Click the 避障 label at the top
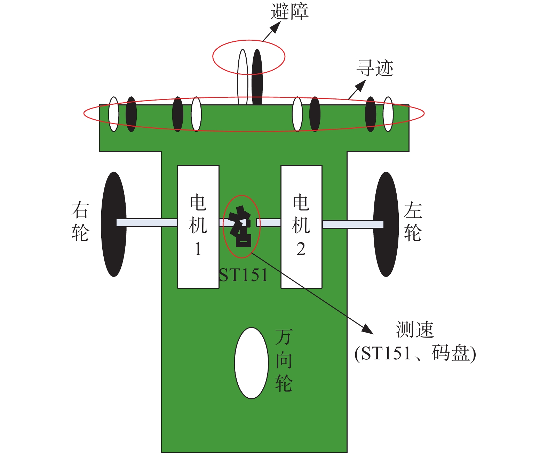click(x=289, y=12)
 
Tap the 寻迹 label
click(x=375, y=68)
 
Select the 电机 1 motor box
click(x=198, y=226)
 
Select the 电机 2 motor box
click(x=301, y=226)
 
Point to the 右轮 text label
click(x=80, y=222)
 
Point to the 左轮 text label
click(x=413, y=222)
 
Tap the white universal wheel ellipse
click(x=251, y=363)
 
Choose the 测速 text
click(x=415, y=329)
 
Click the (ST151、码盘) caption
click(x=415, y=354)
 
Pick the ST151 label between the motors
click(x=244, y=276)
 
